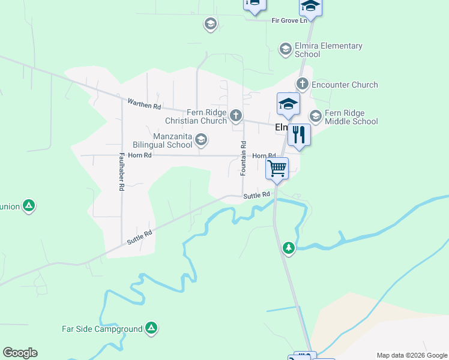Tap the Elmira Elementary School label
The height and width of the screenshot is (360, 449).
tap(328, 50)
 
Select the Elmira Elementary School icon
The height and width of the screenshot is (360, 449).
tap(285, 48)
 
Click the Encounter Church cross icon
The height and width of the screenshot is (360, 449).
tap(302, 84)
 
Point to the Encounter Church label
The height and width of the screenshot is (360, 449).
tap(345, 85)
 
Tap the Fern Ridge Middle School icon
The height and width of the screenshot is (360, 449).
tap(315, 115)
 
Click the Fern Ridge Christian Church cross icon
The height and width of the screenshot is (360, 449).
tap(237, 115)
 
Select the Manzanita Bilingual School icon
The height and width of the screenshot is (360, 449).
tap(201, 140)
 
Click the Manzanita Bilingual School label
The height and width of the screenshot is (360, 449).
tap(164, 140)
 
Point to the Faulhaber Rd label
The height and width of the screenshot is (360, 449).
tap(121, 171)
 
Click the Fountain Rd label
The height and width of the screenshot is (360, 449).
tap(244, 158)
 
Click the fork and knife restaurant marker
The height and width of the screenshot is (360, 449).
tap(299, 134)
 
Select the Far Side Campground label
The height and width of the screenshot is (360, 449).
tap(102, 329)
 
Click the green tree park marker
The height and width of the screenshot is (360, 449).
tap(289, 247)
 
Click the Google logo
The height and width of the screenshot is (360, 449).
tap(20, 353)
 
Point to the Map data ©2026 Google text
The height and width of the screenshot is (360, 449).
tap(411, 355)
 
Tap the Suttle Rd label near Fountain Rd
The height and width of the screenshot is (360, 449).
tap(257, 195)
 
